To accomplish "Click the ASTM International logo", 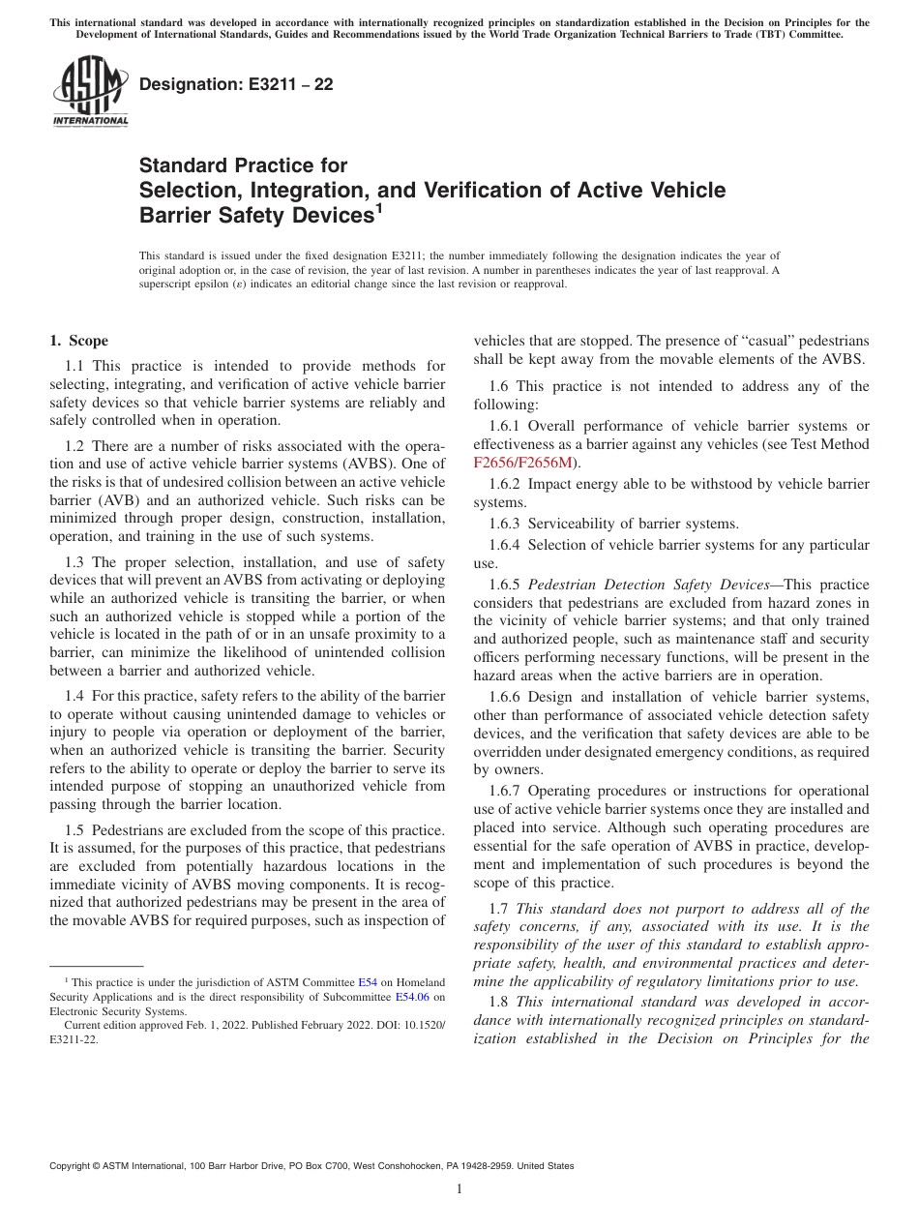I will coord(90,91).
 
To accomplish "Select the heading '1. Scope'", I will coord(78,341).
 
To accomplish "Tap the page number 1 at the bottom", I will coord(459,1189).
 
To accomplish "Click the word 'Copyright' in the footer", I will coord(70,1166).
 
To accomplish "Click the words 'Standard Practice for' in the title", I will coord(243,165).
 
